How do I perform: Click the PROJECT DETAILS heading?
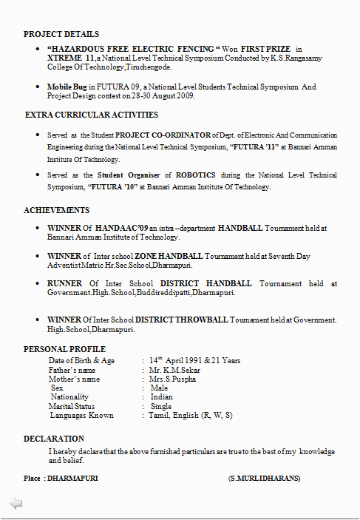click(61, 34)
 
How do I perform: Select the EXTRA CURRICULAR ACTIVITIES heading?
click(92, 115)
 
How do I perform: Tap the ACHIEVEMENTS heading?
click(57, 210)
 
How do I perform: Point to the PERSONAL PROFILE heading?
click(64, 349)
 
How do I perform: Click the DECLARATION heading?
click(54, 439)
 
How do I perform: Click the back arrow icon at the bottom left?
click(16, 504)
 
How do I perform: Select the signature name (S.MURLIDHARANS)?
click(264, 479)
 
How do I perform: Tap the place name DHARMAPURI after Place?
click(72, 479)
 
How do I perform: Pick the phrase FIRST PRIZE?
click(265, 48)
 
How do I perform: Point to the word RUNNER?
click(65, 283)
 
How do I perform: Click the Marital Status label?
click(72, 406)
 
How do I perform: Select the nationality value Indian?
click(162, 397)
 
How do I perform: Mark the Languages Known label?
click(81, 416)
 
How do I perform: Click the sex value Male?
click(159, 388)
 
